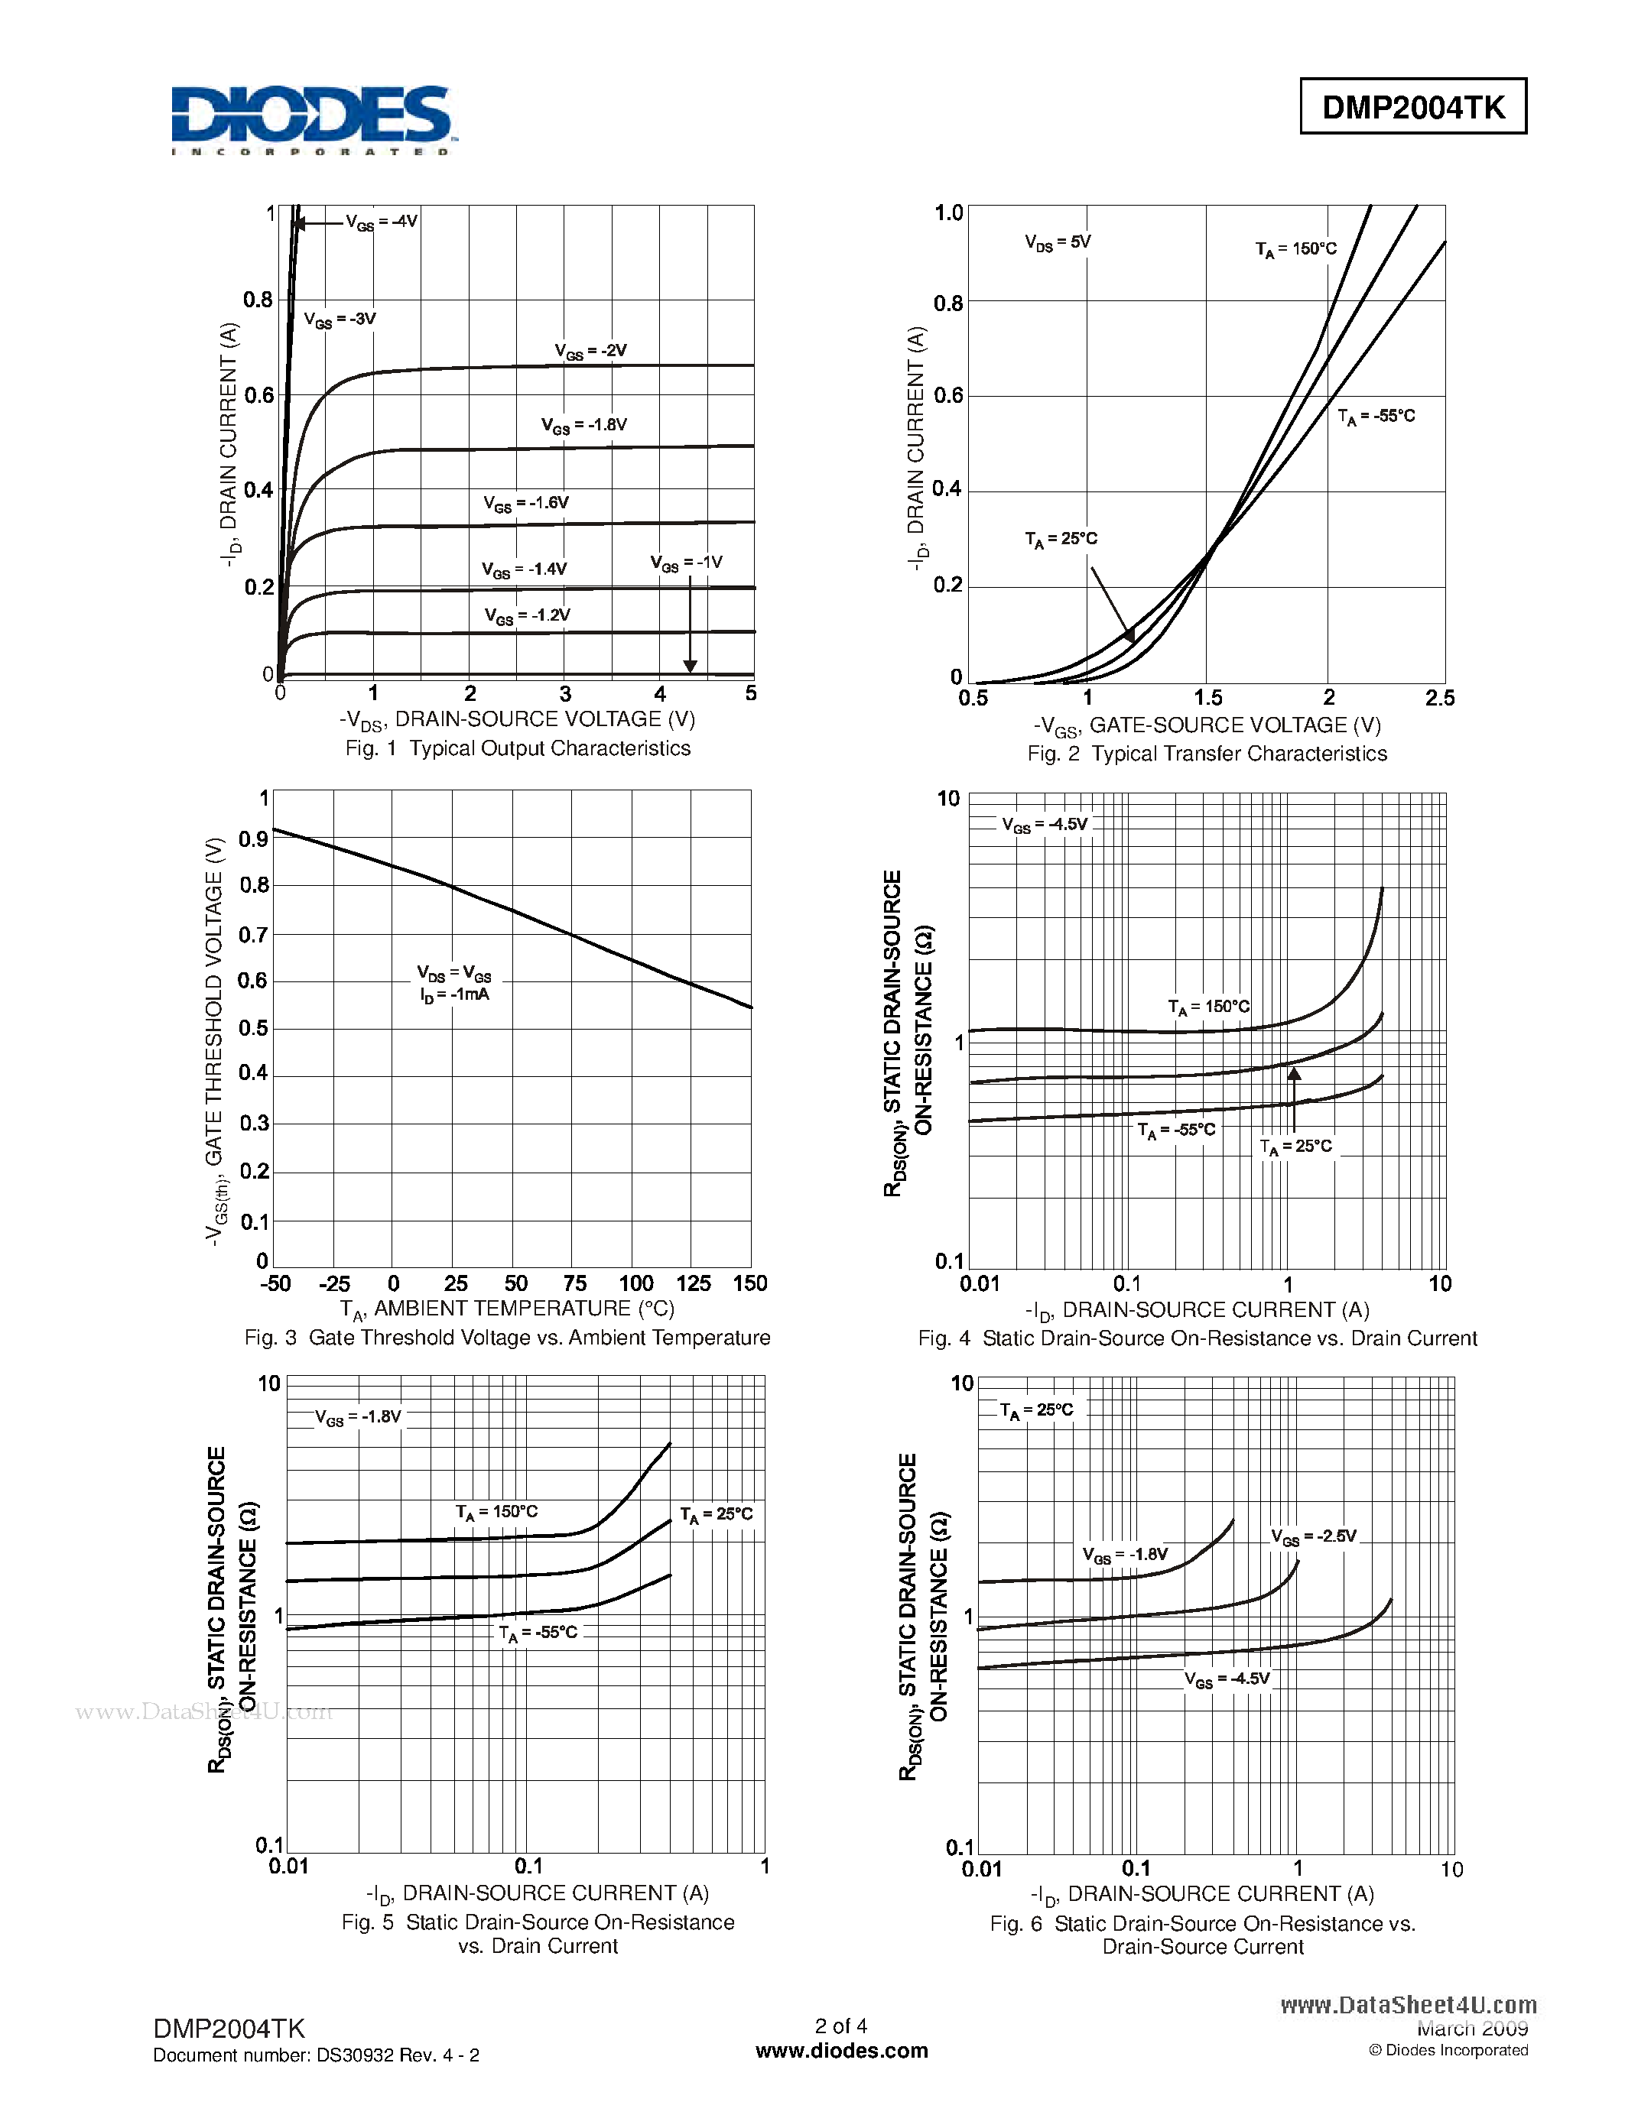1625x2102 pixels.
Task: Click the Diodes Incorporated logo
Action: [x=310, y=119]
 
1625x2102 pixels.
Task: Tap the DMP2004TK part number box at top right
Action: [x=1412, y=107]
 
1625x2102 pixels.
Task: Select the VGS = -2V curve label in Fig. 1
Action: [x=590, y=352]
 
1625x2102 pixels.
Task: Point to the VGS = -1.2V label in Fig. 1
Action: [x=527, y=616]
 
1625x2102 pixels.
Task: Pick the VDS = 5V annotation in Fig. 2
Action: [x=1057, y=242]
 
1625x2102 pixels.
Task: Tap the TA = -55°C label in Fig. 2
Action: [x=1376, y=417]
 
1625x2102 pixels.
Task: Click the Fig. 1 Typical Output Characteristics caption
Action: [x=518, y=749]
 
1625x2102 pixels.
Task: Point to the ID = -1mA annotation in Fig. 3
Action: [x=454, y=995]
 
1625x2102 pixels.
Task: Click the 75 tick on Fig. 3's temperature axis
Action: [x=575, y=1284]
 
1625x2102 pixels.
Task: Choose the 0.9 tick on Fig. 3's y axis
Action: [x=254, y=839]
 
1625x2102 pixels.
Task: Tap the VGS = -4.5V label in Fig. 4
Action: [x=1045, y=826]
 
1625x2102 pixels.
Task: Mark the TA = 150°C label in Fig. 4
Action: [x=1208, y=1007]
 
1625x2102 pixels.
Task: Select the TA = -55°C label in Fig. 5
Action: [x=538, y=1633]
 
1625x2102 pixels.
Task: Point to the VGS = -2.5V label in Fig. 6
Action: [x=1313, y=1537]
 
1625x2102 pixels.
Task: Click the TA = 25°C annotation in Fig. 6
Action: [x=1036, y=1411]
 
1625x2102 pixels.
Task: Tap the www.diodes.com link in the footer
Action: [x=841, y=2051]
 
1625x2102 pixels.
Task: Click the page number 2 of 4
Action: [x=841, y=2026]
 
